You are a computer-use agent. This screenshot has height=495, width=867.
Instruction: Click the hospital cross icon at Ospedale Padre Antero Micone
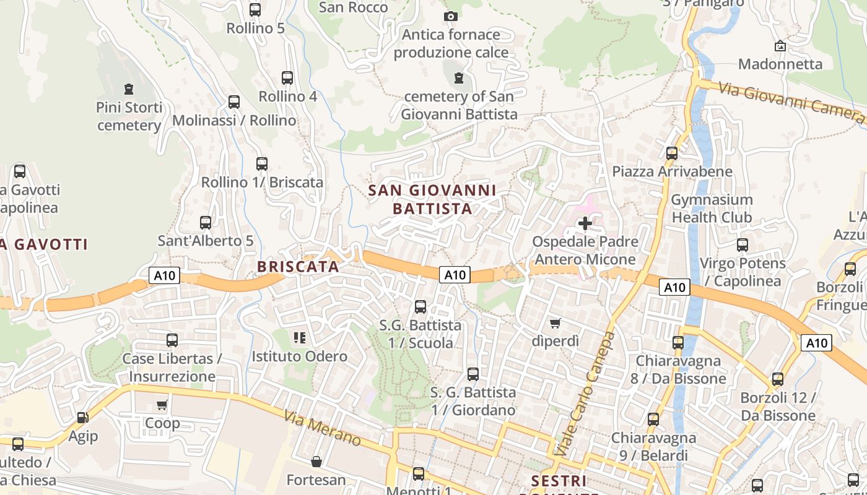coord(585,223)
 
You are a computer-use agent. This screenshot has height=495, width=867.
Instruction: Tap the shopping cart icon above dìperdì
coord(555,323)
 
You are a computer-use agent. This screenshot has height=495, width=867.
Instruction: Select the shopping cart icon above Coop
coord(162,405)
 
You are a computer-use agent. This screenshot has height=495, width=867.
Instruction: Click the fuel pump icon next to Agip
coord(82,418)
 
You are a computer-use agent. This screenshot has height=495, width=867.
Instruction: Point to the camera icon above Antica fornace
coord(451,16)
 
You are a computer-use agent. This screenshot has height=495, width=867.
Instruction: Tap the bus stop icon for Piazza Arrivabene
coord(672,153)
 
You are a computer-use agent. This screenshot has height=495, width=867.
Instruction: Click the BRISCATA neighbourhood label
coord(298,267)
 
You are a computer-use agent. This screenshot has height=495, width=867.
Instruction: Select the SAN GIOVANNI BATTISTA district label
coord(432,199)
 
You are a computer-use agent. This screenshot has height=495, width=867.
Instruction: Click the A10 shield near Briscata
coord(164,275)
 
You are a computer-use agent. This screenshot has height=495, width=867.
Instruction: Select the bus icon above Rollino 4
coord(287,78)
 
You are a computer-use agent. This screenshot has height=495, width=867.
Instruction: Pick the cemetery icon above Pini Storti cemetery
coord(129,89)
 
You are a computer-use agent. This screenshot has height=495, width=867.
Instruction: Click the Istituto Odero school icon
coord(300,338)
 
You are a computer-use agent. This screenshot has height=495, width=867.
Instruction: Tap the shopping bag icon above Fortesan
coord(316,462)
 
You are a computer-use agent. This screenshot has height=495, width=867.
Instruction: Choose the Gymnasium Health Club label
coord(712,209)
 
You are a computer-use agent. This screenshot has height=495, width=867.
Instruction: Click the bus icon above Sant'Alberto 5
coord(206,222)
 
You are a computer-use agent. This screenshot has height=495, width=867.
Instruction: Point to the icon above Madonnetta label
coord(780,46)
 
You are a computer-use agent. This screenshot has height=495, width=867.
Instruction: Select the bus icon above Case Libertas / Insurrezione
coord(172,340)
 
